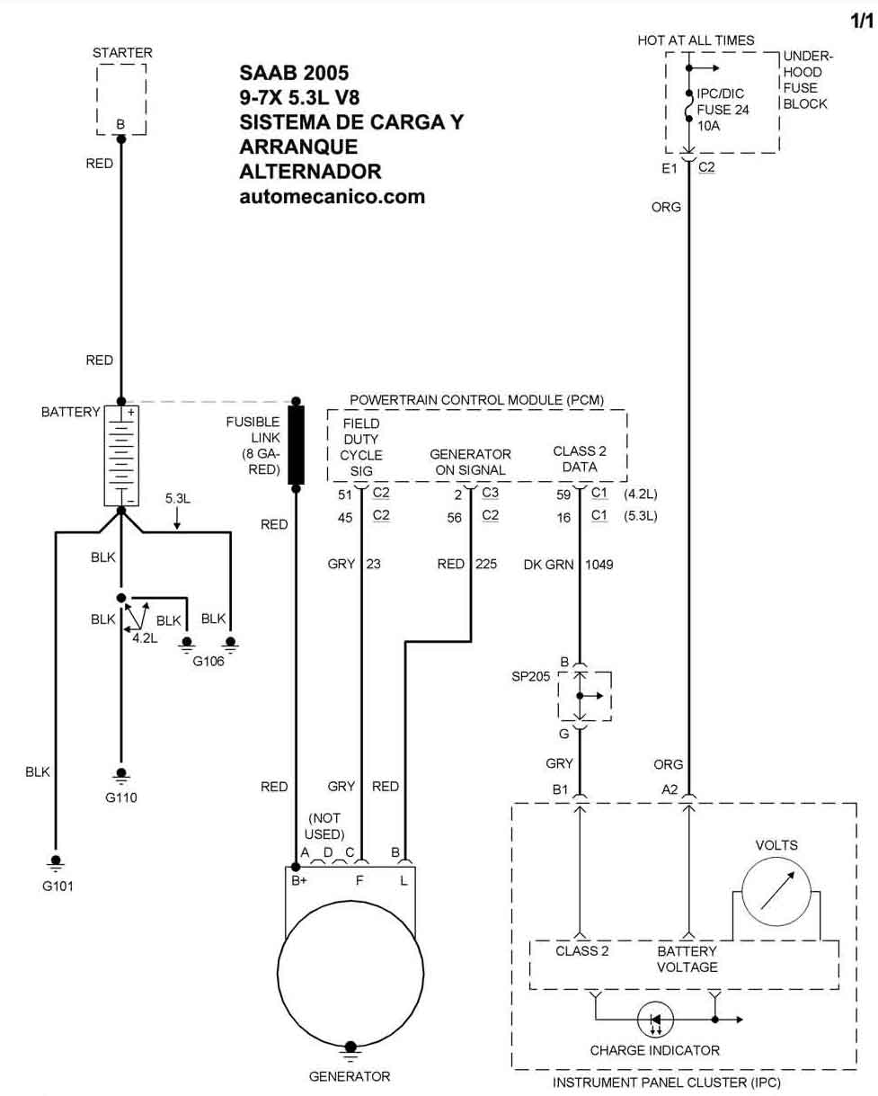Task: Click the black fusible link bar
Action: pos(297,445)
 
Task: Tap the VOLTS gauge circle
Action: pos(776,891)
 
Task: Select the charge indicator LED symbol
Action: pos(655,1020)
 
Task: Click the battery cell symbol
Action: pos(121,455)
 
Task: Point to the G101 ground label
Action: pos(58,887)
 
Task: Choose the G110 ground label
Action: pos(121,797)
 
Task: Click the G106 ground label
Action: pos(208,661)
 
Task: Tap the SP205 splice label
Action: pos(531,676)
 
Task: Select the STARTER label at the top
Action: pos(122,52)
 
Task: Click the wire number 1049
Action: pos(599,565)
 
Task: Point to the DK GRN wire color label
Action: pos(549,565)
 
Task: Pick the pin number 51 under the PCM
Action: pos(345,495)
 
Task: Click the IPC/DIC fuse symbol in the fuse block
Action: pos(688,106)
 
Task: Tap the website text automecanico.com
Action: pos(333,197)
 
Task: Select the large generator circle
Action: pos(350,974)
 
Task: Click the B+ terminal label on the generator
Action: pos(299,880)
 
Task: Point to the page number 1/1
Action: pos(861,21)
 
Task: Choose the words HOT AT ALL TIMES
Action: pos(696,40)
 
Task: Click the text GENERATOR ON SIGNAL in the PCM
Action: pos(470,462)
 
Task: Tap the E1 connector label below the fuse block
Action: pos(670,168)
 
